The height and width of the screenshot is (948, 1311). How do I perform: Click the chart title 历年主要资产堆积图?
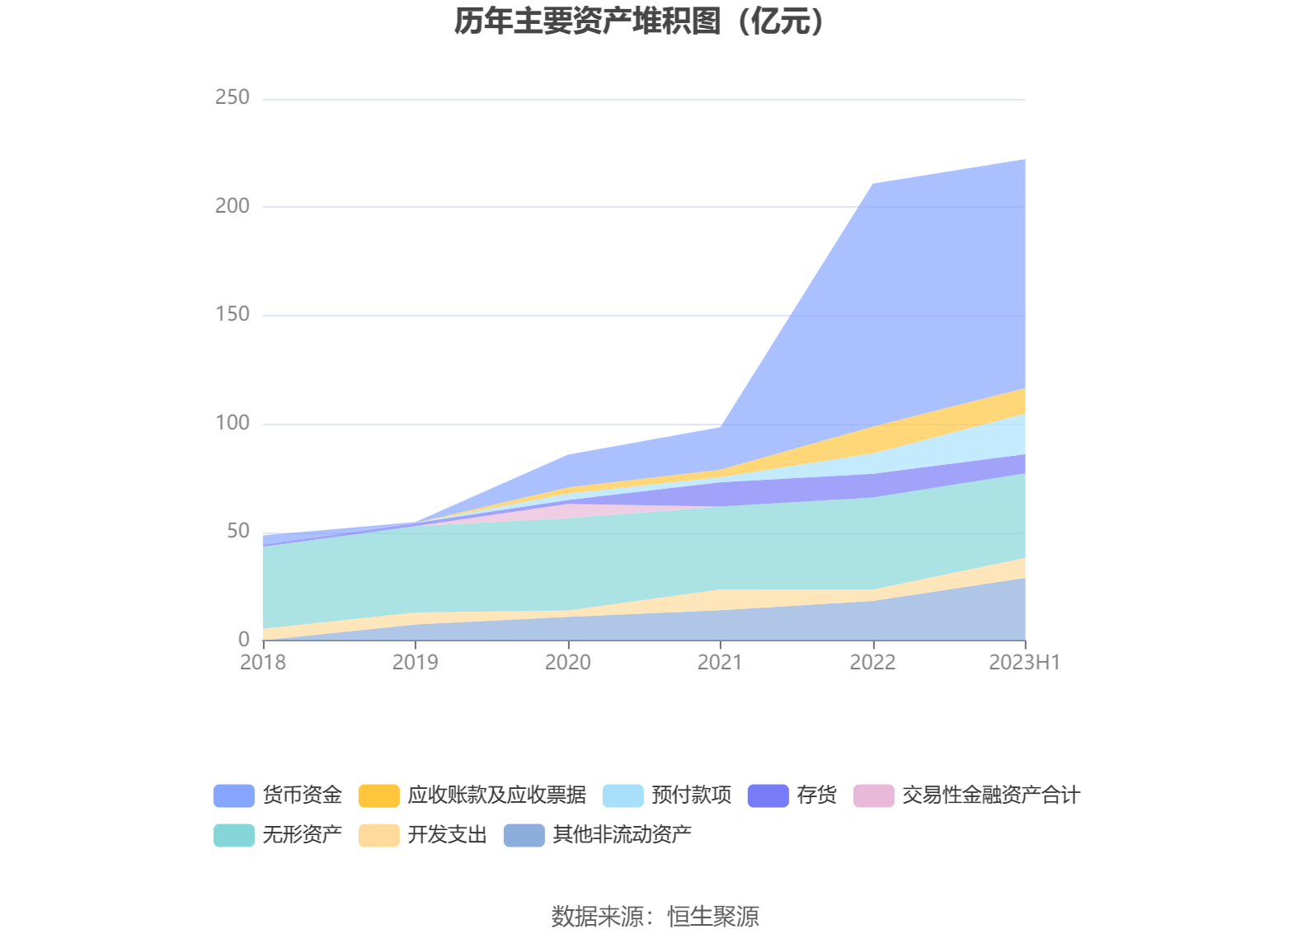tap(639, 21)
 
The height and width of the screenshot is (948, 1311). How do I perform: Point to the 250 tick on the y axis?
tap(232, 97)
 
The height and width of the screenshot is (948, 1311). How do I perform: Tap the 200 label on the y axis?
tap(232, 206)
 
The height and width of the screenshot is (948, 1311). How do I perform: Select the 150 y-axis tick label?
tap(232, 314)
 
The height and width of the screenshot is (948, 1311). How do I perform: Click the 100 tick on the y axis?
tap(232, 423)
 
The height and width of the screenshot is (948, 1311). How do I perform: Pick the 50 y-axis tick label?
tap(237, 531)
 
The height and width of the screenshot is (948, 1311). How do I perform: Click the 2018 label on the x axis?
tap(263, 663)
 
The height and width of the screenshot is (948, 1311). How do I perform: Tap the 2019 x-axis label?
tap(416, 663)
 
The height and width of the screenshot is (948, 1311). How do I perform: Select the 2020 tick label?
tap(568, 663)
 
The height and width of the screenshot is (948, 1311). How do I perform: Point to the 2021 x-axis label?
tap(720, 663)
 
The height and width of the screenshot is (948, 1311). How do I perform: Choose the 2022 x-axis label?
tap(872, 663)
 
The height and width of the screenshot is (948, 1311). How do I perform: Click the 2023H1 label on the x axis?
tap(1024, 663)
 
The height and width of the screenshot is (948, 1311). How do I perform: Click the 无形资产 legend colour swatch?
tap(234, 835)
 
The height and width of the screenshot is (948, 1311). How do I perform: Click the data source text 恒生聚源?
tap(713, 917)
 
